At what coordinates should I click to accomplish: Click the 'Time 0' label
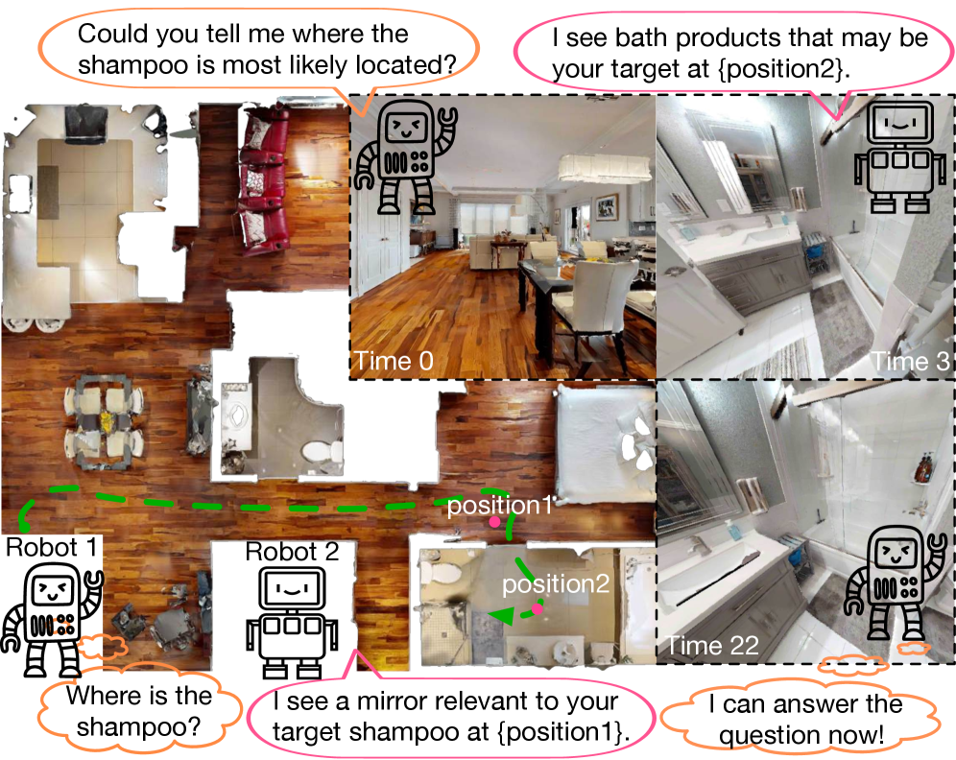[394, 362]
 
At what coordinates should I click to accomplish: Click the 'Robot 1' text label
[52, 548]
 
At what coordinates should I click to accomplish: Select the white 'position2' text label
[542, 583]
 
